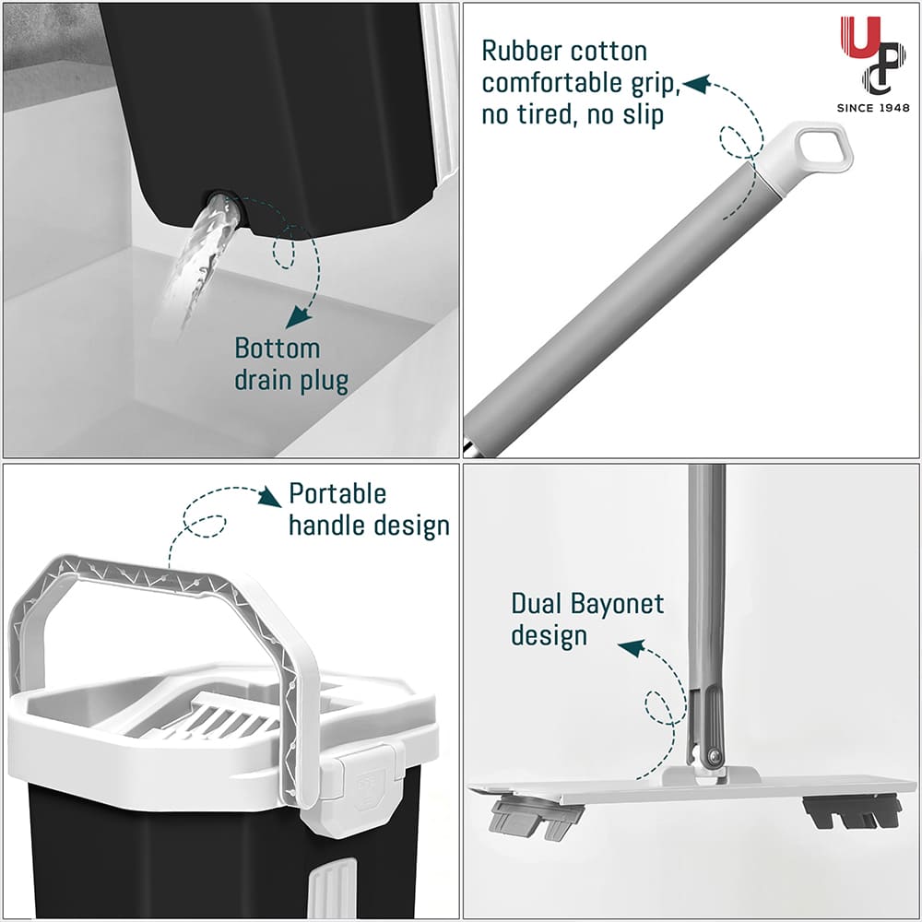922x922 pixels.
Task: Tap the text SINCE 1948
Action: [x=872, y=107]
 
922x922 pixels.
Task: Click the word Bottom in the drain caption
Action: [x=277, y=349]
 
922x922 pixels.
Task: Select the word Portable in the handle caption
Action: [x=337, y=494]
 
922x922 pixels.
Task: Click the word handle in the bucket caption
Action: [x=324, y=525]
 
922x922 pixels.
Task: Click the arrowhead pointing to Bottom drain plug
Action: [x=297, y=319]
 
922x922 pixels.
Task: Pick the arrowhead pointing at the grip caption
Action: [x=695, y=85]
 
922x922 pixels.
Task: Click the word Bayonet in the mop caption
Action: [x=616, y=605]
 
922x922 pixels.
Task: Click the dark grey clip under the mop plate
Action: [x=853, y=812]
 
